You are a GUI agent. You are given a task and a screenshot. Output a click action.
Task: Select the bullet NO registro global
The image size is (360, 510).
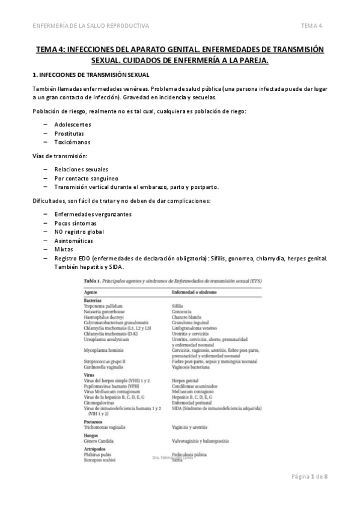point(79,232)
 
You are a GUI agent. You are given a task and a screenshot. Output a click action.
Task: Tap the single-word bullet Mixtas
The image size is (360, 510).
point(63,250)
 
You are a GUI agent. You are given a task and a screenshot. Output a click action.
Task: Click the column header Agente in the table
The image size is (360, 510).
point(91,291)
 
